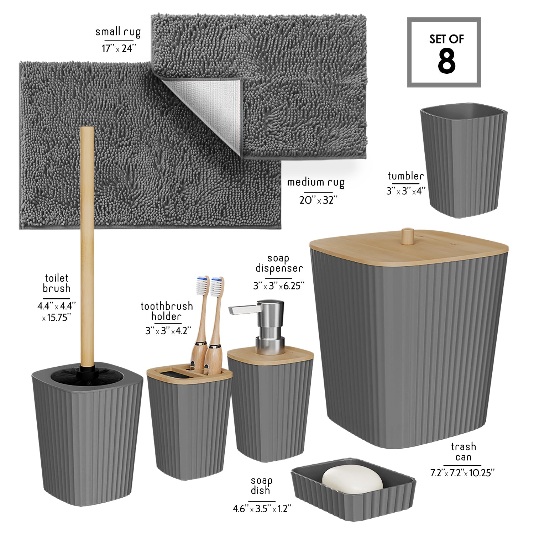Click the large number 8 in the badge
[x=446, y=61]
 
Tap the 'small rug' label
[x=118, y=32]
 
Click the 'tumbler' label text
[x=406, y=176]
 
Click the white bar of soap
[x=352, y=479]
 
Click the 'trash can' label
[x=463, y=451]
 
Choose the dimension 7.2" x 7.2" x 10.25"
[x=462, y=473]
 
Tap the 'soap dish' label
[x=261, y=486]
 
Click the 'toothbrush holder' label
[x=167, y=311]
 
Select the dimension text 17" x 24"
[x=119, y=48]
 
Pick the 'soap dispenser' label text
[x=279, y=264]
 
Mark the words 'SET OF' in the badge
[x=446, y=39]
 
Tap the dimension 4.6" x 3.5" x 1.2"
[x=262, y=509]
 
